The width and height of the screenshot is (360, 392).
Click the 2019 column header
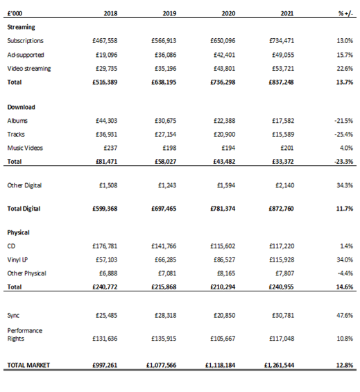[169, 13]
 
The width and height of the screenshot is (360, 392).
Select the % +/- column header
[345, 13]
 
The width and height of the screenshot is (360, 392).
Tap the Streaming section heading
[21, 27]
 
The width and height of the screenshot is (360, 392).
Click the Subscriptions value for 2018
[105, 40]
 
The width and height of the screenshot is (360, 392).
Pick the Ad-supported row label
[26, 55]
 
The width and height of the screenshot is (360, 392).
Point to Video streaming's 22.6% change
[345, 69]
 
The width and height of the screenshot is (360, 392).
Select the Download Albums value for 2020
[224, 121]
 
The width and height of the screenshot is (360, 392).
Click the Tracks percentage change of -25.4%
[344, 134]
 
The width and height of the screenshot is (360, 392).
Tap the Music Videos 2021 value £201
[287, 148]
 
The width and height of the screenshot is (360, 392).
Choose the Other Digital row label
[24, 185]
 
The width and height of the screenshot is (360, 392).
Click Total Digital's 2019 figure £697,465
[164, 209]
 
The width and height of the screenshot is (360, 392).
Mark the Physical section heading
[18, 232]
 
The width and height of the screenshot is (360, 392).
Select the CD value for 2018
[105, 246]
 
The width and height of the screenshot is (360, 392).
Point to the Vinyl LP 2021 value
[282, 259]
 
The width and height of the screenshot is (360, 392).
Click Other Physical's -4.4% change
[345, 273]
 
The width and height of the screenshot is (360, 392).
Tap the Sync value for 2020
[224, 315]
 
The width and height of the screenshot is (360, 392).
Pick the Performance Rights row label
[25, 334]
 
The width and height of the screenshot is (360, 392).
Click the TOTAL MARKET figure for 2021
[279, 365]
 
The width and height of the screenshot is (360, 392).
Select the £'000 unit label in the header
[15, 13]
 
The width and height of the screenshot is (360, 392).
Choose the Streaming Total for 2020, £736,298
[223, 83]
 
